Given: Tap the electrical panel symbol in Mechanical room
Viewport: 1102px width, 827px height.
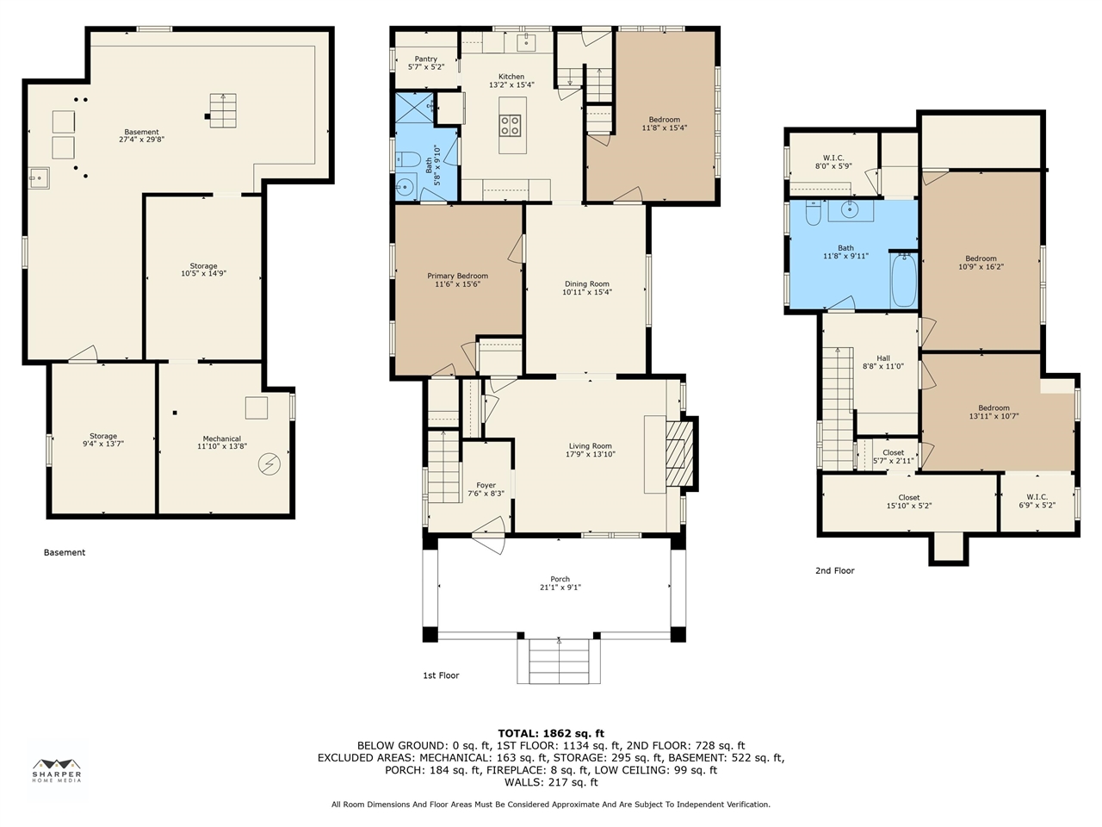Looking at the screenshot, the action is pyautogui.click(x=269, y=464).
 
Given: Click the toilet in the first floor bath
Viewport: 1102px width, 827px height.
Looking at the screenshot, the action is pyautogui.click(x=408, y=159).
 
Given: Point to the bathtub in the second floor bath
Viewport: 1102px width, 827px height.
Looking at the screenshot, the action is pyautogui.click(x=904, y=280).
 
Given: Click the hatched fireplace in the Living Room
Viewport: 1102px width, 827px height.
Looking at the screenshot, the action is pyautogui.click(x=680, y=454).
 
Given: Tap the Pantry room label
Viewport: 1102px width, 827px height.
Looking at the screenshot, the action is pyautogui.click(x=426, y=59).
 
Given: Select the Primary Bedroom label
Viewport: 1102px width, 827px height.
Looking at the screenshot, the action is pyautogui.click(x=457, y=276).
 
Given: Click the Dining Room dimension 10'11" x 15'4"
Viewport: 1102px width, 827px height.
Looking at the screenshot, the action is pyautogui.click(x=587, y=292).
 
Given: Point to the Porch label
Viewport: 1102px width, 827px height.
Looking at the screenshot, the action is pyautogui.click(x=560, y=579).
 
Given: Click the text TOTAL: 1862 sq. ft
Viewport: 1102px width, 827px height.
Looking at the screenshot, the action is pyautogui.click(x=551, y=734).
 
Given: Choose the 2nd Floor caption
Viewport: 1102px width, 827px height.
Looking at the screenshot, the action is pyautogui.click(x=835, y=570).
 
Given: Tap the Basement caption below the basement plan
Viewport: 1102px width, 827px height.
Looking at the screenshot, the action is pyautogui.click(x=65, y=552).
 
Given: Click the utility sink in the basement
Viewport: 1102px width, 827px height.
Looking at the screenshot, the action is pyautogui.click(x=39, y=177).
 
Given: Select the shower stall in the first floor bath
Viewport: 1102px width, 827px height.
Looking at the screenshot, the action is pyautogui.click(x=414, y=107).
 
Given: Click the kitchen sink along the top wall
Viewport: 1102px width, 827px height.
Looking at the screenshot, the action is pyautogui.click(x=526, y=43).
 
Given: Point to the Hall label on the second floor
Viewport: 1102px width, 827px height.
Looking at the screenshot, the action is pyautogui.click(x=883, y=358).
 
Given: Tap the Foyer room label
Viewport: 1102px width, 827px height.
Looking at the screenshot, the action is pyautogui.click(x=486, y=485).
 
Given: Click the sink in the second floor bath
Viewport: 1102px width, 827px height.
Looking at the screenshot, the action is pyautogui.click(x=850, y=211).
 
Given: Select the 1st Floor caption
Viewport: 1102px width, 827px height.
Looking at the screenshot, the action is pyautogui.click(x=441, y=675).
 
